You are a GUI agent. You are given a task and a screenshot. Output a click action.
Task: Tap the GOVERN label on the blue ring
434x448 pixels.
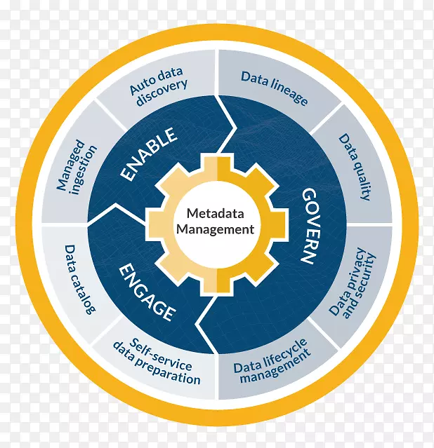[310, 224]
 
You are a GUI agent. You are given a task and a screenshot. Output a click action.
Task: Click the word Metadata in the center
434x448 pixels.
[215, 212]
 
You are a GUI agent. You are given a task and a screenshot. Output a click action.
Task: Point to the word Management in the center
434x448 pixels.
[215, 229]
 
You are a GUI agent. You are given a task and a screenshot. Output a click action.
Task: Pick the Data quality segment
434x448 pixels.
[355, 168]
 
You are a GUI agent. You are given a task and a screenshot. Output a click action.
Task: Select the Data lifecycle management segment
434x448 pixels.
[272, 363]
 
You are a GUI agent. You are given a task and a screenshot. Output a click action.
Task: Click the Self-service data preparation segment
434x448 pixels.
[157, 361]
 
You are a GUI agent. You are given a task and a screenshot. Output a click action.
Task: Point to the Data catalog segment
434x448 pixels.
[79, 279]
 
